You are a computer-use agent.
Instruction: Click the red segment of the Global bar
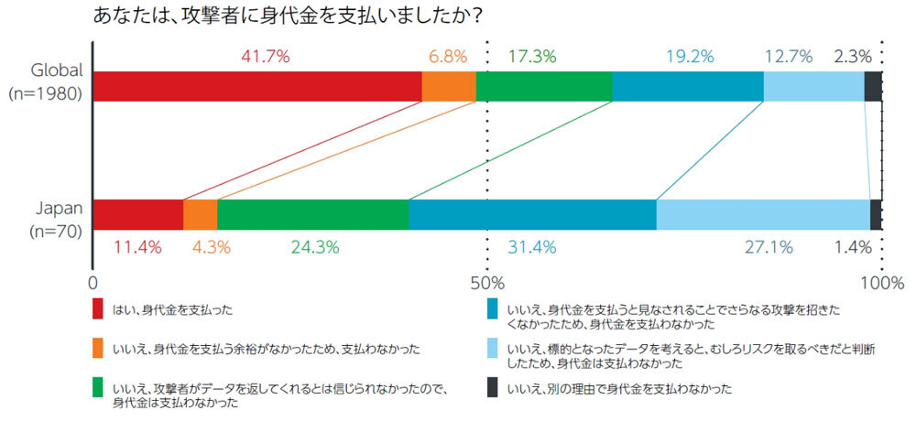(256, 86)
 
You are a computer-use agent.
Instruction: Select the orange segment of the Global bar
(448, 86)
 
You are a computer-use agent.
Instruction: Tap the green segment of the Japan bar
(312, 214)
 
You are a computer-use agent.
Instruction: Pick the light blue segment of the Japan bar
(762, 214)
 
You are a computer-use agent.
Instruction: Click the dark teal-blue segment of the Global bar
(687, 86)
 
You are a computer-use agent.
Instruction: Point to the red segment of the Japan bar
(138, 214)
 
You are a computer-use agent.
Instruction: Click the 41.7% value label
(265, 57)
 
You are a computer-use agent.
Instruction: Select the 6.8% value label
(447, 57)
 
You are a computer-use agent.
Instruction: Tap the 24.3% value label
(315, 247)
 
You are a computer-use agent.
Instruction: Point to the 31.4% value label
(531, 247)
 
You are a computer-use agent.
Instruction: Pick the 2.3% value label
(852, 57)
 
